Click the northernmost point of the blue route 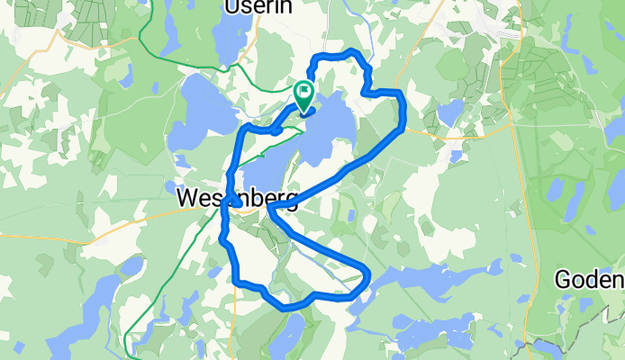click(347, 51)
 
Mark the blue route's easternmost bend click(403, 112)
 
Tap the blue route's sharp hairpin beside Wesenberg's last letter click(269, 209)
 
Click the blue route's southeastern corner click(367, 270)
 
